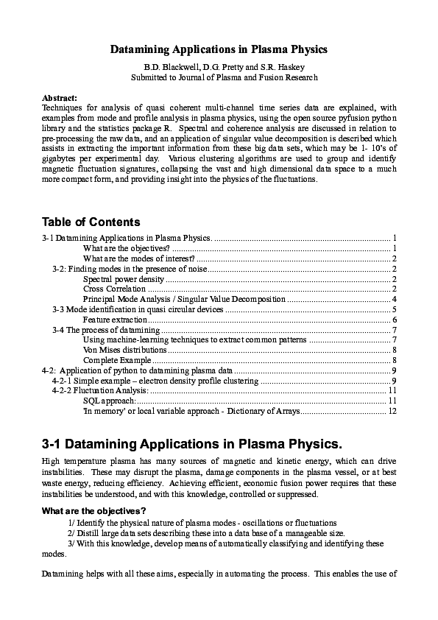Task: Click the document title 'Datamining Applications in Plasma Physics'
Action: (x=219, y=49)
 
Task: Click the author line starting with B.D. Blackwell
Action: (x=219, y=66)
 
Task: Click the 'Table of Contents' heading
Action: (x=91, y=222)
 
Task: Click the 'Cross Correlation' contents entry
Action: (x=114, y=289)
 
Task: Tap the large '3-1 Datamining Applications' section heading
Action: (x=192, y=444)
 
